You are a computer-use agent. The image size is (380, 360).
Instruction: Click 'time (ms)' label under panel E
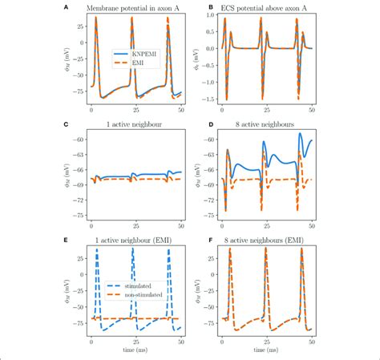coord(135,351)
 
